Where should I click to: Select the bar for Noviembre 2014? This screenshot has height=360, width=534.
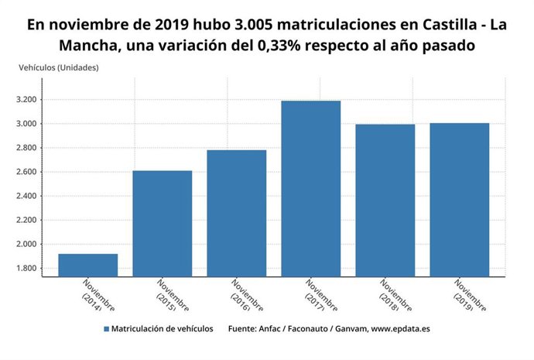pos(88,265)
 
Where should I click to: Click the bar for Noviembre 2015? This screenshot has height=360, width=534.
pos(163,223)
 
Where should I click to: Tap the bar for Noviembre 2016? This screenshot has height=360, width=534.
pos(237,213)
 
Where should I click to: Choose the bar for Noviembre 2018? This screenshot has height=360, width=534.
pos(385,200)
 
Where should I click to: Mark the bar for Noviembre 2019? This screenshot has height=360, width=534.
pos(460,199)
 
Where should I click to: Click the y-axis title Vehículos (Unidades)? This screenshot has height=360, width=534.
pos(59,67)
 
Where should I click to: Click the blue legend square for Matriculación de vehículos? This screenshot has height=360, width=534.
pos(106,329)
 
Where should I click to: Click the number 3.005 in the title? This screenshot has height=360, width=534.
pos(241,25)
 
